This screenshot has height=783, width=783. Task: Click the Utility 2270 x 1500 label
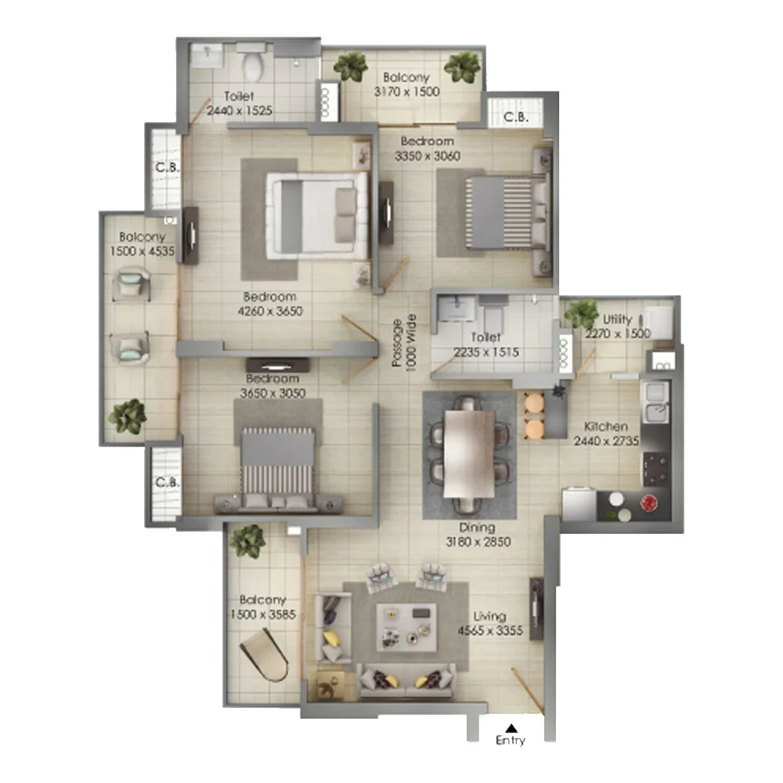click(617, 327)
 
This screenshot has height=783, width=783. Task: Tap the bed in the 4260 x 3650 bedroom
click(317, 215)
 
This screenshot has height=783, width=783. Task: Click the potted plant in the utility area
click(582, 315)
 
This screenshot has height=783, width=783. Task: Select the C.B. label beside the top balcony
click(514, 117)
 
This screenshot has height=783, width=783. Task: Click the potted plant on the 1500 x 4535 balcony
click(127, 416)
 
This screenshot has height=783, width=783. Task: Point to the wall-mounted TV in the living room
click(537, 608)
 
